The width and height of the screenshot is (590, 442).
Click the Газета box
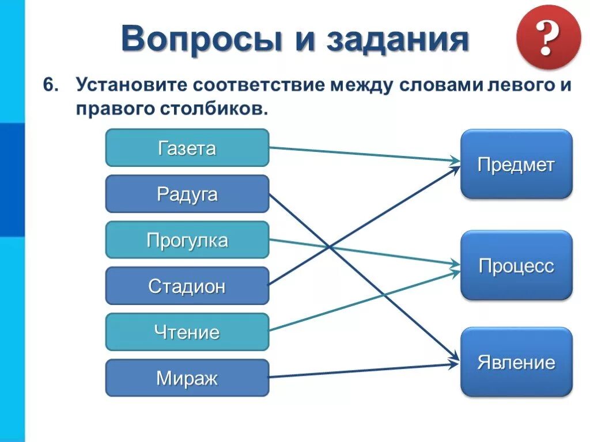click(x=187, y=148)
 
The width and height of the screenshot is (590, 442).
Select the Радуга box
click(x=187, y=194)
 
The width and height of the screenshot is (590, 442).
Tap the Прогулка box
click(x=187, y=240)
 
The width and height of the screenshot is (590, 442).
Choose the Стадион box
click(x=187, y=286)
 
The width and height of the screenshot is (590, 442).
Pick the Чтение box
click(x=187, y=332)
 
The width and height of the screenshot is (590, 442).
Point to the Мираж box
click(x=187, y=378)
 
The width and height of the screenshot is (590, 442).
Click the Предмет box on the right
click(x=516, y=165)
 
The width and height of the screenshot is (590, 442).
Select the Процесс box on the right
click(x=516, y=266)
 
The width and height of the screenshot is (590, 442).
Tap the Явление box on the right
click(x=516, y=363)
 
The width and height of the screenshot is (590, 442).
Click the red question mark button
click(x=548, y=37)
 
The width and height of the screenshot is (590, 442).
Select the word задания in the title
click(x=397, y=39)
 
